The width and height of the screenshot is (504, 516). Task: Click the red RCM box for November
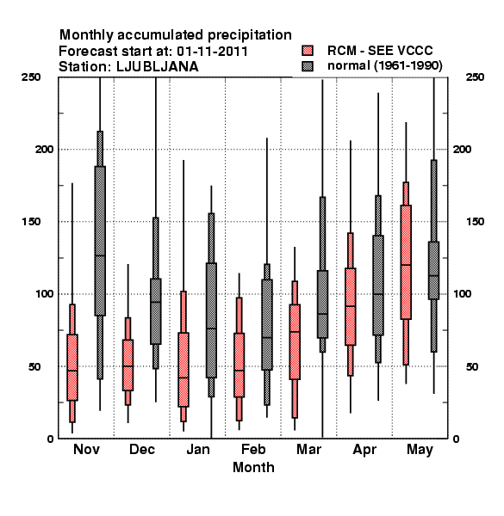click(72, 367)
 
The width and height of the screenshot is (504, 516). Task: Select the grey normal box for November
click(100, 241)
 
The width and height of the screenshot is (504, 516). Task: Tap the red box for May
click(406, 262)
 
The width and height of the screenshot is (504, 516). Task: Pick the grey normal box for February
click(267, 324)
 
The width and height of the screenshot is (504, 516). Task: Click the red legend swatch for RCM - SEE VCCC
click(308, 51)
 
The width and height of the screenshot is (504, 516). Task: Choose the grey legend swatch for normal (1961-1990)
click(308, 66)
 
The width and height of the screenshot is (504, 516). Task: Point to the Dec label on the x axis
click(142, 449)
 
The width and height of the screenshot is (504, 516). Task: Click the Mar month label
click(308, 449)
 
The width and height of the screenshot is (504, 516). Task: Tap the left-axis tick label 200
click(44, 149)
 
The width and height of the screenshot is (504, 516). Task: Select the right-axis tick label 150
click(475, 222)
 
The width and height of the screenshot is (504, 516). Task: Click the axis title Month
click(253, 467)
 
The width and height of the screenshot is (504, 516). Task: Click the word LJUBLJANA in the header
click(158, 67)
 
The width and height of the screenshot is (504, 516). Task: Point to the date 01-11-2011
click(212, 52)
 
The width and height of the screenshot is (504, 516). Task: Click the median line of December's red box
click(128, 366)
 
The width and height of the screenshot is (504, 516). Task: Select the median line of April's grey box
click(378, 294)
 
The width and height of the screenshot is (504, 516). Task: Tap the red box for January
click(184, 370)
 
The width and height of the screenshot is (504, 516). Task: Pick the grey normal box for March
click(323, 304)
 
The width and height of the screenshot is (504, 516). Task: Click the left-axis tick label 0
click(50, 439)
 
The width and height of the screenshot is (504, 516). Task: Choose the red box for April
click(351, 307)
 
